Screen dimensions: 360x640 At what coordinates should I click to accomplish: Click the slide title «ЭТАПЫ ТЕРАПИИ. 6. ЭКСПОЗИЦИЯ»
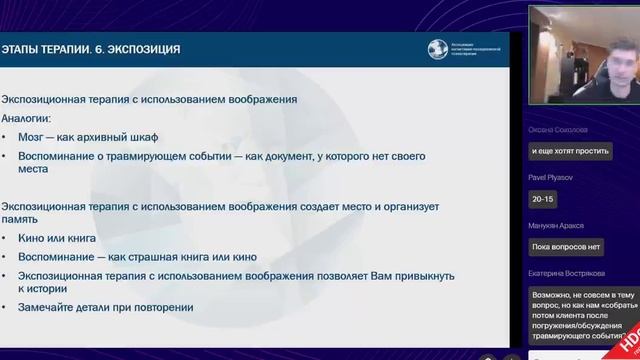coord(91,49)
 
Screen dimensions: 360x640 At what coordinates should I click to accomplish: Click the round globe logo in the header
coord(437,49)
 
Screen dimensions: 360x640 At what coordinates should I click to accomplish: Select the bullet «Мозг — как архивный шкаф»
coord(88,137)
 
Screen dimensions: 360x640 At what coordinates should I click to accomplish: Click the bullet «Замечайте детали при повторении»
coord(105,307)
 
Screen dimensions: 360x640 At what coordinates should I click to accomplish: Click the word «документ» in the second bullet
coord(288,156)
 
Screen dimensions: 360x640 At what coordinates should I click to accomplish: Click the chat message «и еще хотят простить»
coord(570,151)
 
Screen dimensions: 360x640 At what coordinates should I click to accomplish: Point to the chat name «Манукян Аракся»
coord(557,226)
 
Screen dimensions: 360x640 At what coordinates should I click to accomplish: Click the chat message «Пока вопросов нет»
coord(566,247)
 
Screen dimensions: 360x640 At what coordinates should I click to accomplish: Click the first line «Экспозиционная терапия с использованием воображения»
coord(149,99)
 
